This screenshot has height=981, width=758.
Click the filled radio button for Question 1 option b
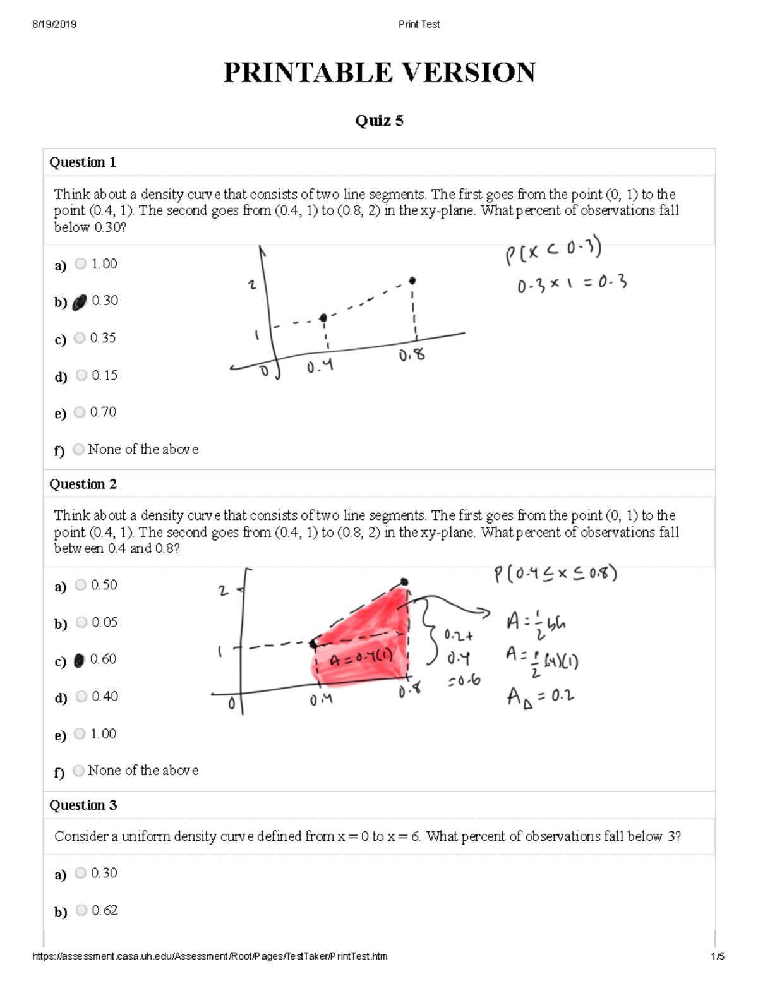tap(79, 303)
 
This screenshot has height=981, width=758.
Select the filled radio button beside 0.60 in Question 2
tap(79, 661)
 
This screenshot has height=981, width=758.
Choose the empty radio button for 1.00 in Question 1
tap(80, 263)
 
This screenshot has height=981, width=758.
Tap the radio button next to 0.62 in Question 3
tap(81, 910)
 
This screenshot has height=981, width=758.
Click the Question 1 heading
tap(83, 162)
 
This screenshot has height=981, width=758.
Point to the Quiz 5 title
tap(379, 121)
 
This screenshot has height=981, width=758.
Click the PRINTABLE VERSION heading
tap(379, 73)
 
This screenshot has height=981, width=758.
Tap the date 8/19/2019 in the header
tap(54, 24)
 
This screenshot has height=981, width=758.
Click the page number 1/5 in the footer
tap(717, 956)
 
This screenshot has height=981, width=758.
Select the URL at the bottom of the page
tap(210, 956)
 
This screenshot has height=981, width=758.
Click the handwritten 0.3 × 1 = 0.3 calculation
tap(572, 284)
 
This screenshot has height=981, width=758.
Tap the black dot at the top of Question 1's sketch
tap(412, 280)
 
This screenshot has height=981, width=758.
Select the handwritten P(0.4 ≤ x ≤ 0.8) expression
tap(555, 574)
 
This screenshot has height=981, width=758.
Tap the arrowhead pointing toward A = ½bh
tap(484, 611)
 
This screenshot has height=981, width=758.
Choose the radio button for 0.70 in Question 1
tap(80, 412)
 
